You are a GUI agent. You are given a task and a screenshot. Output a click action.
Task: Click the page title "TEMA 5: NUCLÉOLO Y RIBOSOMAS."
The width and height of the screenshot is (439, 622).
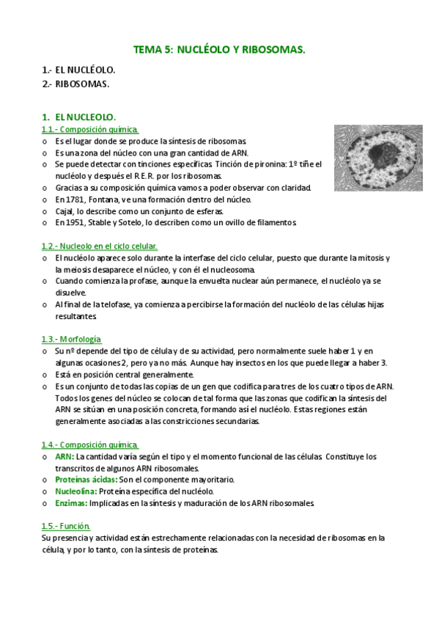click(218, 49)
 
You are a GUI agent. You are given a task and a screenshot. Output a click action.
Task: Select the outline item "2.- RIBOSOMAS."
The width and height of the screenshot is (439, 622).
click(75, 84)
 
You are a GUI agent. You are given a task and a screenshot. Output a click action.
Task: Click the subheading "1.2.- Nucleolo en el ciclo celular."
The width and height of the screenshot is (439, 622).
click(100, 246)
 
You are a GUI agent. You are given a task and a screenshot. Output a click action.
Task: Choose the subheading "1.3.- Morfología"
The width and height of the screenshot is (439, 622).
click(71, 339)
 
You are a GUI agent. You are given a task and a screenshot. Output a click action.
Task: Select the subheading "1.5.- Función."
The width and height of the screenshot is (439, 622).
click(66, 525)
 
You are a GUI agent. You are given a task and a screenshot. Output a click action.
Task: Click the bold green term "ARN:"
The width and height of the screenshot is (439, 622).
click(64, 456)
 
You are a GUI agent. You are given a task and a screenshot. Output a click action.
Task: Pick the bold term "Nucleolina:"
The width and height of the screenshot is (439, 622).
click(76, 491)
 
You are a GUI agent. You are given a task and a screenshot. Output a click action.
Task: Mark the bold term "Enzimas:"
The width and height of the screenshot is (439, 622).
click(71, 502)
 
